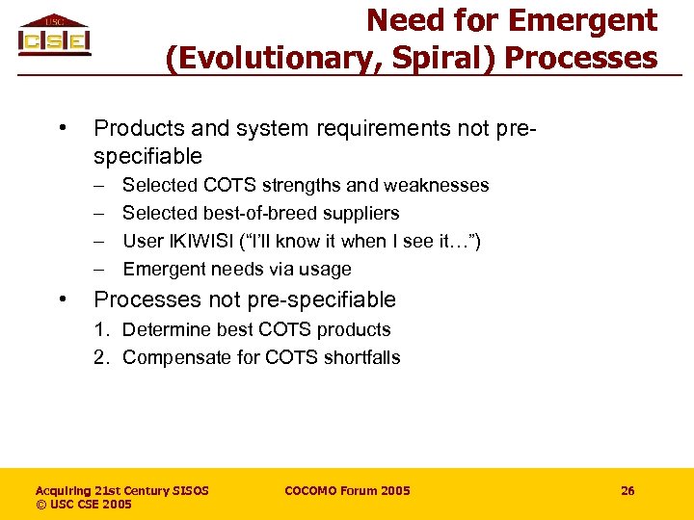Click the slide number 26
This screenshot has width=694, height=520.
pyautogui.click(x=627, y=491)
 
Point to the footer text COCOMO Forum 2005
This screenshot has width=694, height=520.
pyautogui.click(x=347, y=491)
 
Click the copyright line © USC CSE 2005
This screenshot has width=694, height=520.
pyautogui.click(x=84, y=505)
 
